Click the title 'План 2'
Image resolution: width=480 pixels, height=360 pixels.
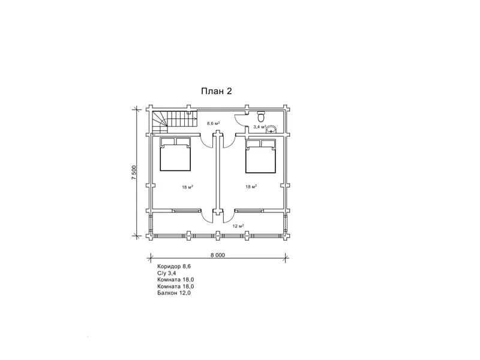point(216,91)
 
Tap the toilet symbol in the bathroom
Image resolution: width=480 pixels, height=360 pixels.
point(261,116)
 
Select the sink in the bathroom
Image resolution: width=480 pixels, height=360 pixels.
point(271,130)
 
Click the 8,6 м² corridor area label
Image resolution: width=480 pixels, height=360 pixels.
point(214,124)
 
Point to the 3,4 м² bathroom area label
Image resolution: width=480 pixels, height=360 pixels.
point(260,127)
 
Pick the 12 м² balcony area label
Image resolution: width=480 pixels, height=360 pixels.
point(238,226)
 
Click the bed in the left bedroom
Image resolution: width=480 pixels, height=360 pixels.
point(175,154)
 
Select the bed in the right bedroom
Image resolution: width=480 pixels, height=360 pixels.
point(260,156)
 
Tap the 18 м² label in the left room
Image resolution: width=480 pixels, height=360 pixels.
point(187,187)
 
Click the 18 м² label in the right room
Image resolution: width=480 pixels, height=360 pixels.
point(251,187)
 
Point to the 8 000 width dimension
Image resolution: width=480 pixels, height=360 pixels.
point(218,255)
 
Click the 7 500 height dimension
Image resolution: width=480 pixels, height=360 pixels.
point(134,172)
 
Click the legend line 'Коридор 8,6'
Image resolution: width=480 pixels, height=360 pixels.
point(174,266)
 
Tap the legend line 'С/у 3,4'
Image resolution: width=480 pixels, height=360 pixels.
point(167,274)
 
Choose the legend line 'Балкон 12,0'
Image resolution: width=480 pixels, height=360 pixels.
point(174,293)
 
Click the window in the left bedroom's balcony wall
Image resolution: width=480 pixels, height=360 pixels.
point(186,211)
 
